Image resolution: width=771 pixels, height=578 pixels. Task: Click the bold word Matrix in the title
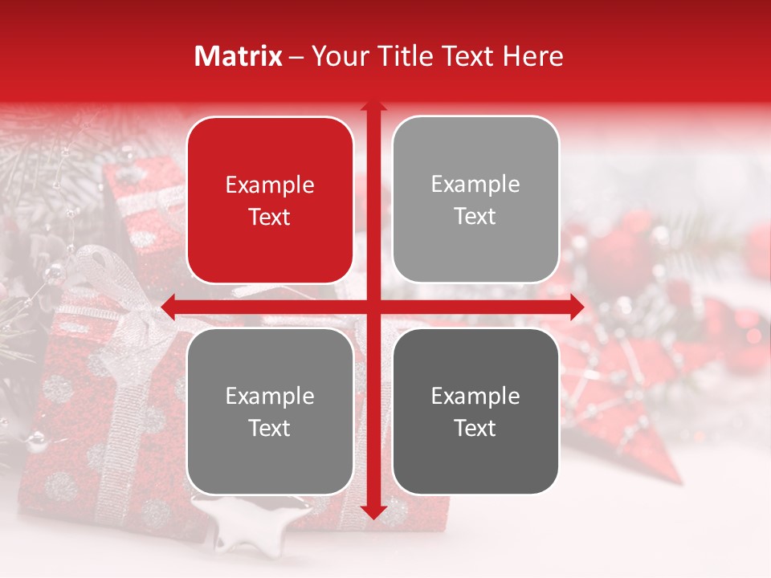(239, 56)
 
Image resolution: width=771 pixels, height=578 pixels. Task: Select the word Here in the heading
(533, 56)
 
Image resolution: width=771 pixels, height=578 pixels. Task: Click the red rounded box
(270, 200)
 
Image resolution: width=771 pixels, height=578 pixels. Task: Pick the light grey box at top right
(475, 199)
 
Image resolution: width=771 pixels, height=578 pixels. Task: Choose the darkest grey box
(475, 411)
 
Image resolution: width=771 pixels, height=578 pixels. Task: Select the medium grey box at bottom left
(270, 411)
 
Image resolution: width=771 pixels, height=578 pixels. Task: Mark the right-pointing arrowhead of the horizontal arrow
(576, 306)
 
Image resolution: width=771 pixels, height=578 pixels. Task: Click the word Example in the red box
(270, 185)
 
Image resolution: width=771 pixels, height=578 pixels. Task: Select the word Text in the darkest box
(475, 428)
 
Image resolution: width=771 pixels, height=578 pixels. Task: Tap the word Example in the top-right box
(475, 185)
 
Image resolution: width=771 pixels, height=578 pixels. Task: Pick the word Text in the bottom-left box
(270, 428)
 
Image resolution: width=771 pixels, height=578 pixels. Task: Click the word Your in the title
(337, 56)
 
